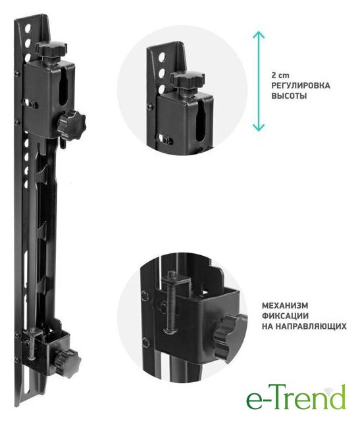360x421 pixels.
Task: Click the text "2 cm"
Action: click(280, 75)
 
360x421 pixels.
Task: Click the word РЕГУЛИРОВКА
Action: click(301, 86)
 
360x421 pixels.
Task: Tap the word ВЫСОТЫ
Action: click(289, 96)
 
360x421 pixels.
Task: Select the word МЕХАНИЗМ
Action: click(285, 305)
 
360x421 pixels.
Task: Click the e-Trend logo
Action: click(296, 397)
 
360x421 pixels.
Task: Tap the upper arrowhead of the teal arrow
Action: click(259, 34)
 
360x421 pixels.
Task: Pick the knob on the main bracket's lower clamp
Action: click(68, 363)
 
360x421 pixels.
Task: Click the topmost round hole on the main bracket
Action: click(28, 28)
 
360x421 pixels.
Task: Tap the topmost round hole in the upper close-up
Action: click(162, 57)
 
